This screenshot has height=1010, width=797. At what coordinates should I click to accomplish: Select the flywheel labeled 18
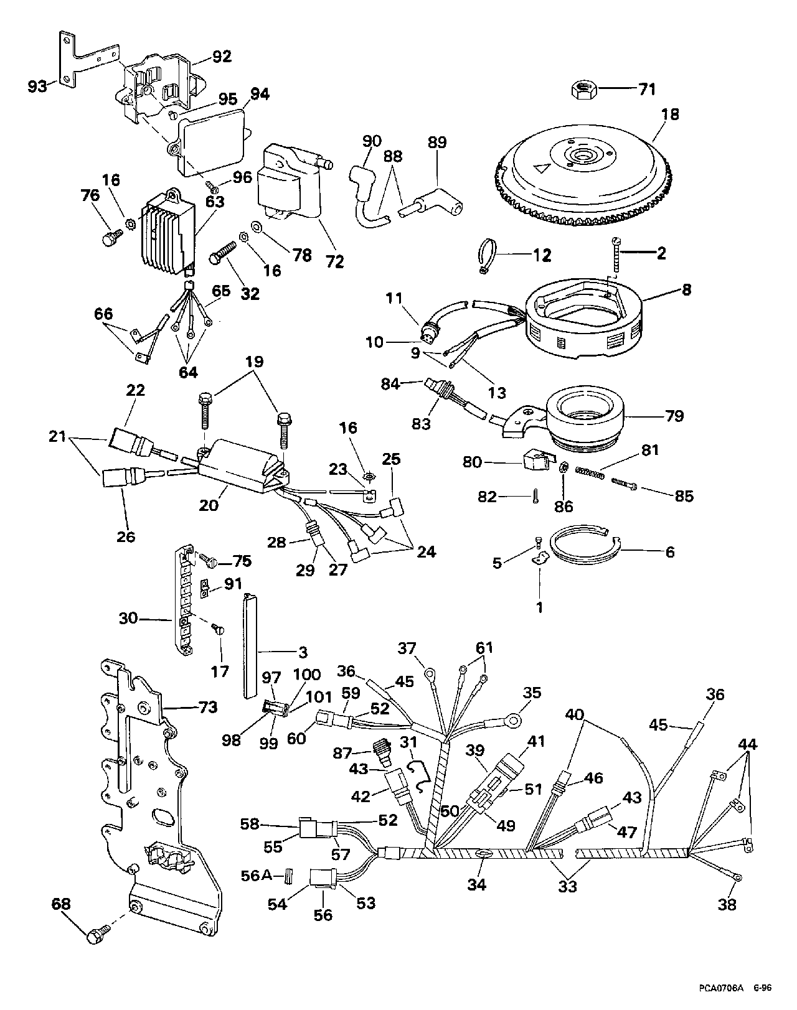(x=580, y=167)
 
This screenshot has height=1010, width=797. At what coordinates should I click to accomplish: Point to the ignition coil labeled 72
(x=290, y=184)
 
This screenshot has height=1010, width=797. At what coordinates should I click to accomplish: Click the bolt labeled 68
(x=98, y=933)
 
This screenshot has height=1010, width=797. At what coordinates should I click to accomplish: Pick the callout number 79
(x=674, y=415)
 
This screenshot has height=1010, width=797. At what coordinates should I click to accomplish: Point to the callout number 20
(x=209, y=505)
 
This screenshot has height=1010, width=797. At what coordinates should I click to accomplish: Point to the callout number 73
(x=208, y=707)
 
